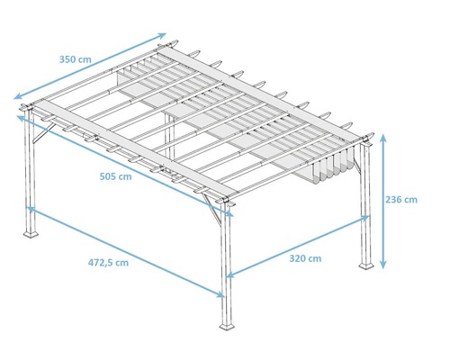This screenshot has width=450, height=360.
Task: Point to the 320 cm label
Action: pyautogui.click(x=306, y=258)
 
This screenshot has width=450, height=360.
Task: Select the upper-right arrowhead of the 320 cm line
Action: pyautogui.click(x=368, y=217)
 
